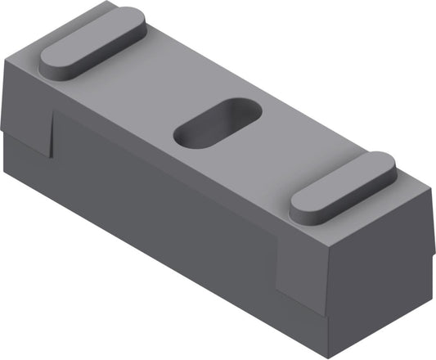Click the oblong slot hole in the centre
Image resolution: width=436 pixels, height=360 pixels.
(218, 124)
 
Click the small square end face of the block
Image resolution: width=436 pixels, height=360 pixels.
(379, 274)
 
